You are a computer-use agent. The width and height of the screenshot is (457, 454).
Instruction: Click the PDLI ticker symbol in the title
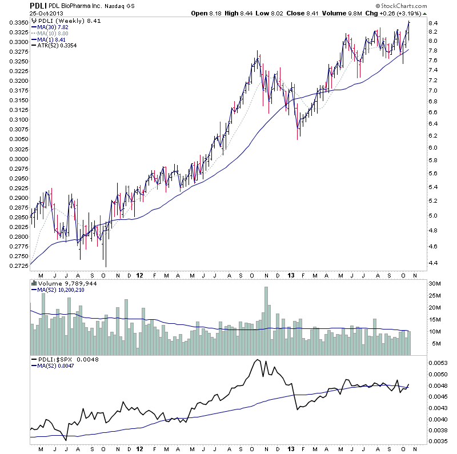tap(38, 5)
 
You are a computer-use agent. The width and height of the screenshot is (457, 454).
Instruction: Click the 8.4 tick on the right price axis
tap(435, 23)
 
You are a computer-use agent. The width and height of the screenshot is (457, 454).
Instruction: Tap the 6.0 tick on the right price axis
tap(435, 148)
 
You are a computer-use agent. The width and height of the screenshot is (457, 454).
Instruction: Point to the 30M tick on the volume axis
tap(436, 284)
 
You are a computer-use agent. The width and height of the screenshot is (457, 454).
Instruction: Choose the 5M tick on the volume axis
tap(436, 343)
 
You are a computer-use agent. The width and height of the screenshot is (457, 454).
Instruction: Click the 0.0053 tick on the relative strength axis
tap(438, 363)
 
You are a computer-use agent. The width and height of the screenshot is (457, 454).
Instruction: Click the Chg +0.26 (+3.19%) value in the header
tap(401, 13)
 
